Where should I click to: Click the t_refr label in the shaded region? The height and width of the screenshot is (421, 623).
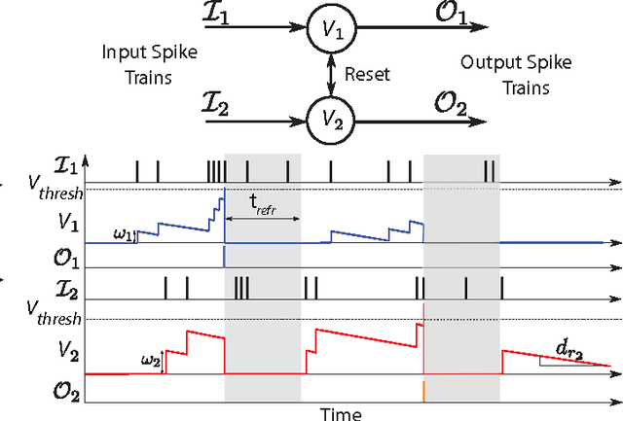point(262,205)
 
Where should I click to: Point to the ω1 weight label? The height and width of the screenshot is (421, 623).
point(124,234)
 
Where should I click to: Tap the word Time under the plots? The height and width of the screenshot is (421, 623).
point(341,413)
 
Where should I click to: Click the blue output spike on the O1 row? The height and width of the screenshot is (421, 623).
point(225,257)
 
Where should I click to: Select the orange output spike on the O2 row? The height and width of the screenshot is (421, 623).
point(423,390)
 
